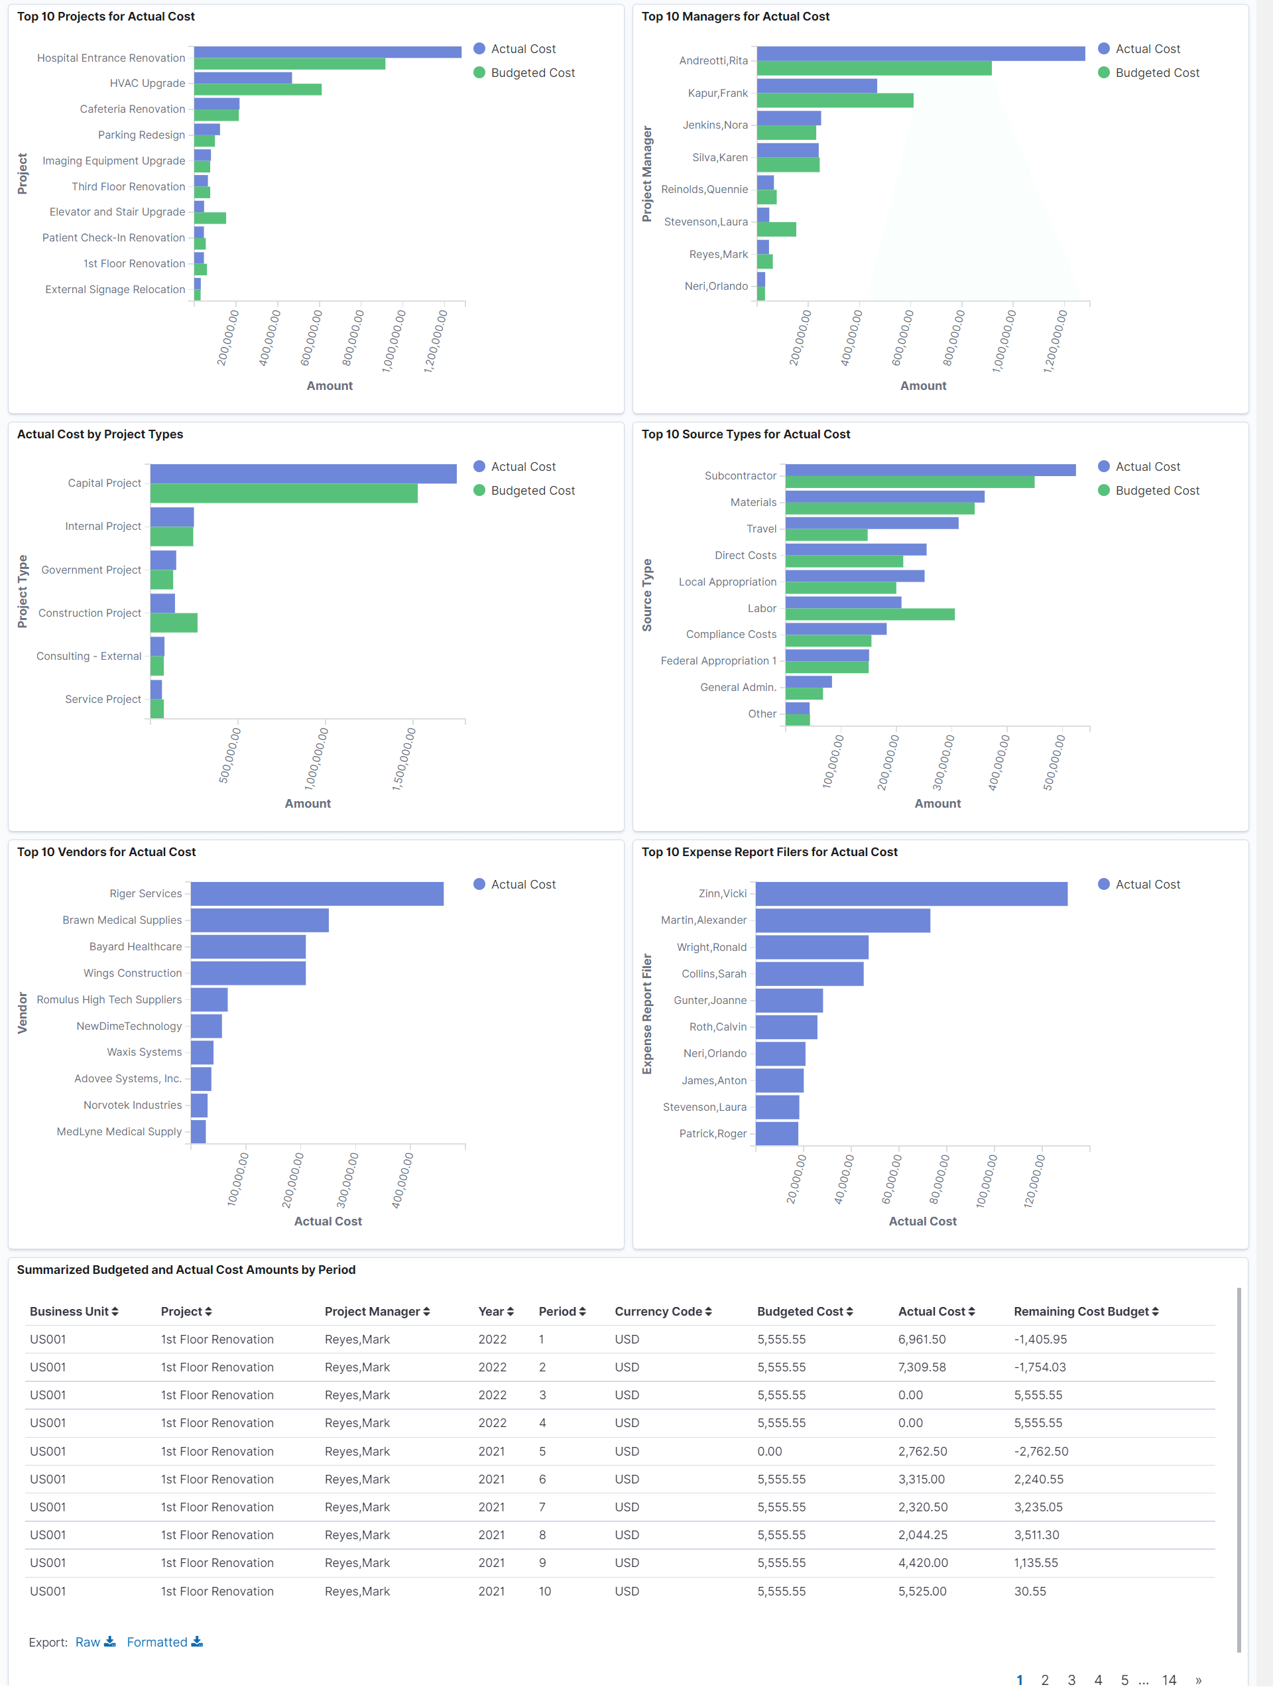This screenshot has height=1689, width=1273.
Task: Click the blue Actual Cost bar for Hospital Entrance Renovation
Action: (327, 52)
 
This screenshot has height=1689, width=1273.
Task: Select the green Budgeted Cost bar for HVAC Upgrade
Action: (257, 90)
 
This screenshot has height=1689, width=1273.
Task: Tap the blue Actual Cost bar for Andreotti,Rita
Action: (920, 54)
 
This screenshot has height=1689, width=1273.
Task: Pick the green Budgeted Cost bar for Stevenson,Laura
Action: (776, 229)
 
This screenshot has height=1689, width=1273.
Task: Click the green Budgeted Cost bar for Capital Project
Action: (283, 494)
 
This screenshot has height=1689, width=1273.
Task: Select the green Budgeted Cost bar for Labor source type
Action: (870, 615)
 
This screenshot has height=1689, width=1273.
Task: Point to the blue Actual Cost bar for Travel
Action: (871, 523)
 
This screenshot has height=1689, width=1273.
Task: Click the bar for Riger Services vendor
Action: (317, 894)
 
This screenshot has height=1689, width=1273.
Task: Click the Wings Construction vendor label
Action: (132, 973)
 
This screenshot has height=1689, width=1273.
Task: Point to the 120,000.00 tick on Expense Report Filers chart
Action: (1035, 1180)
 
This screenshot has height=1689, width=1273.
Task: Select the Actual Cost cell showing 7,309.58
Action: (922, 1367)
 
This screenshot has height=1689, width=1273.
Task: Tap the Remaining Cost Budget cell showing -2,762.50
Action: (1040, 1452)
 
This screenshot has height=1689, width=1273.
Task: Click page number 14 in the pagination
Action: (1168, 1680)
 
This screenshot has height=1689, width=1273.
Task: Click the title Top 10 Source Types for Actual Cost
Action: (745, 434)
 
